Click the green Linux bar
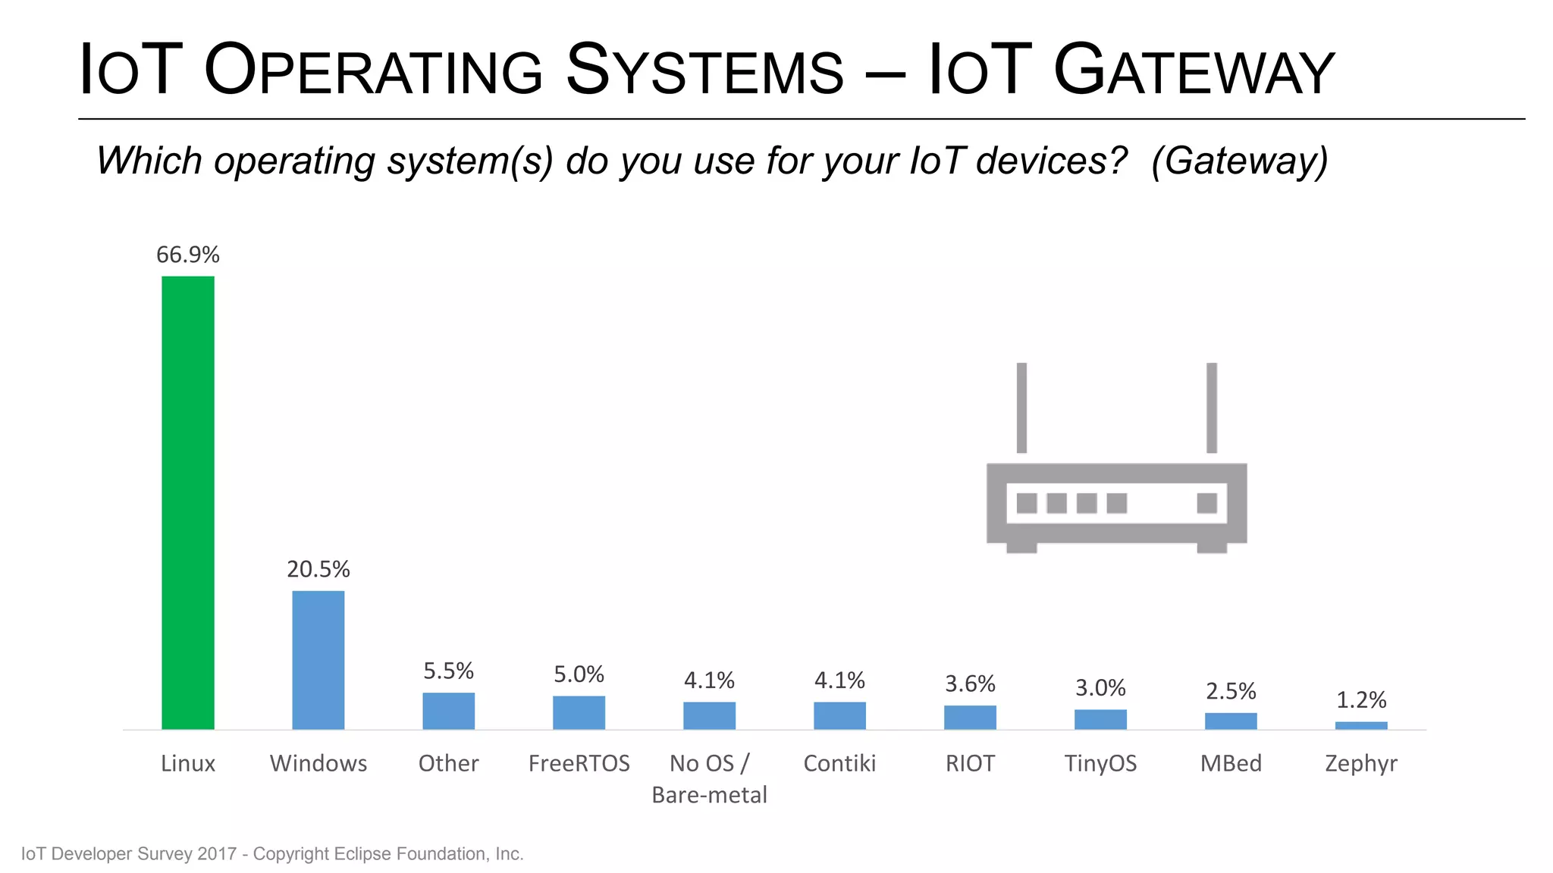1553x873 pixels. (188, 502)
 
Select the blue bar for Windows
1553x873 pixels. (318, 659)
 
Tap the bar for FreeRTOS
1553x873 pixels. (579, 712)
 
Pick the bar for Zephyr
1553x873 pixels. (1361, 725)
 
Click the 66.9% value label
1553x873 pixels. (188, 255)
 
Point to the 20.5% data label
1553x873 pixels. (318, 569)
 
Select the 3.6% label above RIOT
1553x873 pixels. (970, 684)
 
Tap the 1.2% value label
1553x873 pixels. (1361, 700)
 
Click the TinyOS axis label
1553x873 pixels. (1100, 763)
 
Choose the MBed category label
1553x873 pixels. (1231, 763)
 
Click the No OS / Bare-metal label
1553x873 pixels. (709, 778)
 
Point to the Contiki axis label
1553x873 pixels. (839, 763)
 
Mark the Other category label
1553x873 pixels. (448, 763)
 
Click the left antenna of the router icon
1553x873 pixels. (1021, 408)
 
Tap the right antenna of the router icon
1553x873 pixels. (1212, 408)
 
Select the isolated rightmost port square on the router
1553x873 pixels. (1206, 503)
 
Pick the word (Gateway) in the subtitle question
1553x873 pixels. (1239, 161)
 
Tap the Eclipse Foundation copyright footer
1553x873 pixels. (272, 854)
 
